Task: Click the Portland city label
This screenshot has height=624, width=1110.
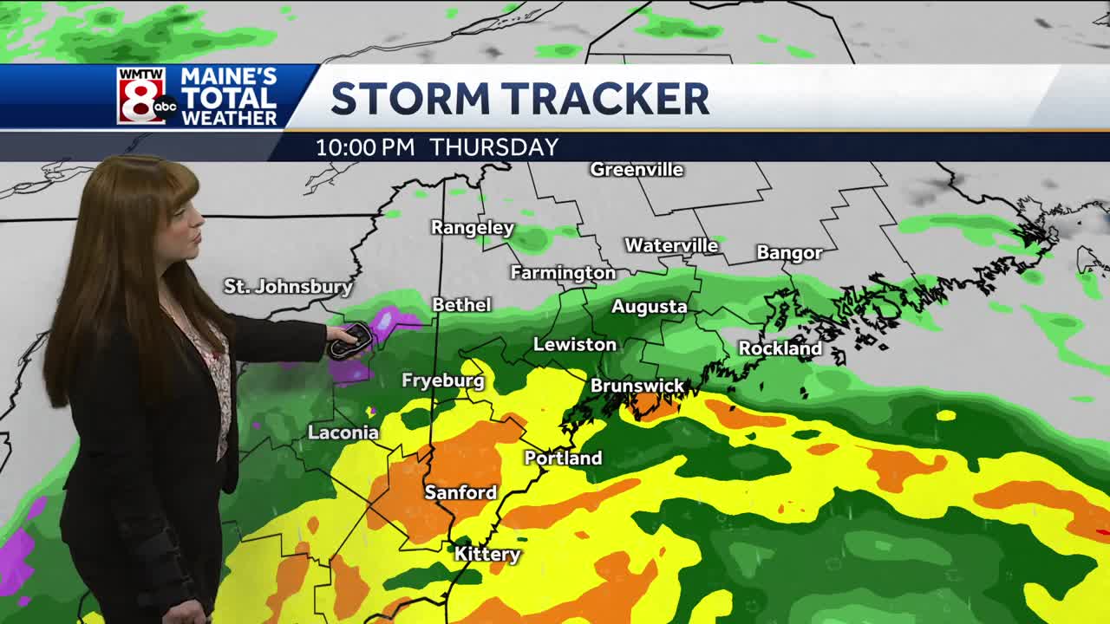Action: point(563,458)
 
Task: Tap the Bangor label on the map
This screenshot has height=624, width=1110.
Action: point(789,253)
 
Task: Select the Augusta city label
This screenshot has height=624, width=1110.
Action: point(649,307)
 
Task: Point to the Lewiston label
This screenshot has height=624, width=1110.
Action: point(574,345)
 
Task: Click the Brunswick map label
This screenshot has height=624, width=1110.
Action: point(637,386)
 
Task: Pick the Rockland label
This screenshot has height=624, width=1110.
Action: point(780,348)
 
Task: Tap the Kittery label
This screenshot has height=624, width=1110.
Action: point(487,554)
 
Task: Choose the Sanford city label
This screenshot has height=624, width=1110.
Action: point(460,492)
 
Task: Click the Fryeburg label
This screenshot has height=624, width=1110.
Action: point(442,380)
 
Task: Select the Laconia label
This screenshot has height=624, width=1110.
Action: point(343,432)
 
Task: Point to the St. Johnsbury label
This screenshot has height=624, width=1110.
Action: point(288,286)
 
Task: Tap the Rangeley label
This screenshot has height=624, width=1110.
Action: point(473,228)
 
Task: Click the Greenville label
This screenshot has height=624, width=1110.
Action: point(637,170)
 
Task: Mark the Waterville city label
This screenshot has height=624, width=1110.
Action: point(671,246)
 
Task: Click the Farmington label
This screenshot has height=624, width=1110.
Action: point(563,273)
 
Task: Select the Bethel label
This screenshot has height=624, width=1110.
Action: point(461,305)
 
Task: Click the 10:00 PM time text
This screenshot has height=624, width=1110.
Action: point(365,147)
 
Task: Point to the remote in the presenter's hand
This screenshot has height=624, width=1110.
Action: point(349,341)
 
